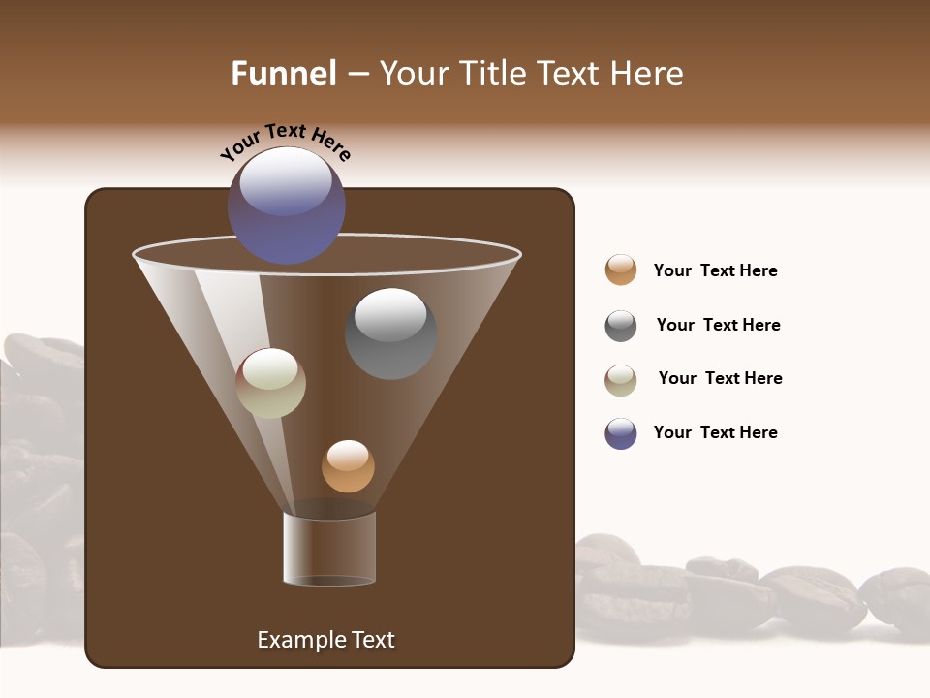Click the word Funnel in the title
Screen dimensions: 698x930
pyautogui.click(x=283, y=74)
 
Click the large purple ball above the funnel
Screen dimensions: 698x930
pyautogui.click(x=286, y=205)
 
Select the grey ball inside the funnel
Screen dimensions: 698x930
pyautogui.click(x=390, y=333)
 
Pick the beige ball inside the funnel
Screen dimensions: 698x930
pyautogui.click(x=270, y=383)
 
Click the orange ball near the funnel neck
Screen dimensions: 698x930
pyautogui.click(x=348, y=466)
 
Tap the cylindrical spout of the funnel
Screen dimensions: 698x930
pyautogui.click(x=329, y=549)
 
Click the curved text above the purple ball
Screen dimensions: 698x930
pyautogui.click(x=285, y=142)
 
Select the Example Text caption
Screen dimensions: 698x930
pyautogui.click(x=325, y=640)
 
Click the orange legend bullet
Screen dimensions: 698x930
pyautogui.click(x=621, y=270)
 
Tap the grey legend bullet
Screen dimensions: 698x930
pyautogui.click(x=621, y=326)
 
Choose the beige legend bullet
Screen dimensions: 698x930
pyautogui.click(x=621, y=380)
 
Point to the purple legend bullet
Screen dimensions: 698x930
pyautogui.click(x=621, y=433)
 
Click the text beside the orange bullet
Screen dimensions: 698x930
pyautogui.click(x=715, y=270)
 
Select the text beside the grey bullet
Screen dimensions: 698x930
pyautogui.click(x=718, y=325)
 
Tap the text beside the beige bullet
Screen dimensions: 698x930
pyautogui.click(x=720, y=378)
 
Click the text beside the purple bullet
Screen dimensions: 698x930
pyautogui.click(x=715, y=432)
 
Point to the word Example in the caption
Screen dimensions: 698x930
pyautogui.click(x=297, y=640)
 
